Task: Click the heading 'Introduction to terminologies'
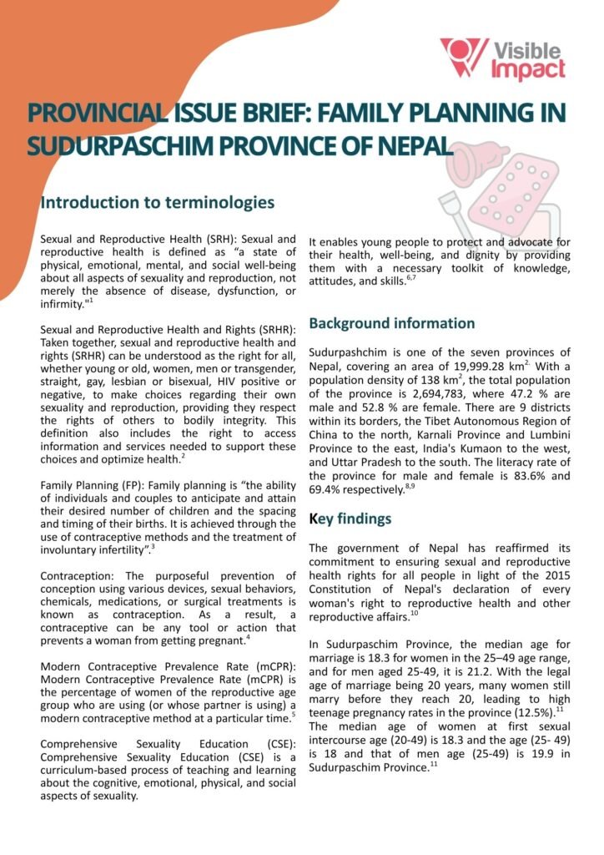(x=157, y=202)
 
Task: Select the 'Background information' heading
(x=392, y=323)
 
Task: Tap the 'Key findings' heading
(x=350, y=519)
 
